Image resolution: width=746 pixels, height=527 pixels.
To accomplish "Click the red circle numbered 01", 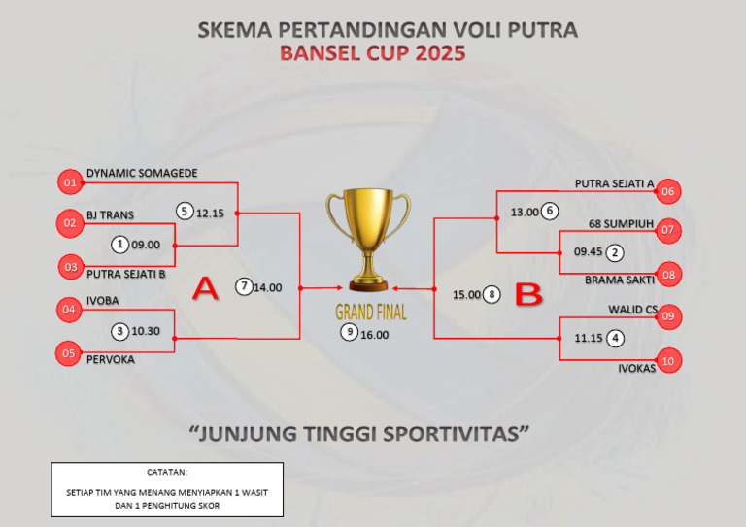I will click(x=69, y=182).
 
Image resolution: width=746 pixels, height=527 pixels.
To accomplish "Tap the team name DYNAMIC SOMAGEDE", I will click(x=142, y=173).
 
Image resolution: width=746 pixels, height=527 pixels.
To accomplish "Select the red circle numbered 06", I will click(x=667, y=192).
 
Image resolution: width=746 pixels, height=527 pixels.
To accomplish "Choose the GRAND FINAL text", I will click(x=371, y=313).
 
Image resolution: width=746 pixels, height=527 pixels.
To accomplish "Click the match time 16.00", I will click(x=374, y=334).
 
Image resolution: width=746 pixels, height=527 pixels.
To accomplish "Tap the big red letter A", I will click(x=205, y=288).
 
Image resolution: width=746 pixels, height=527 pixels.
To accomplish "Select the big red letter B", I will click(x=527, y=296).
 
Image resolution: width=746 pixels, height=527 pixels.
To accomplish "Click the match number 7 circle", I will click(x=245, y=286).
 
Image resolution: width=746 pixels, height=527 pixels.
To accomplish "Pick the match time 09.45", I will click(x=589, y=251).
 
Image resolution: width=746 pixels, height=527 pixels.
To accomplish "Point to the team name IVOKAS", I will click(x=637, y=368).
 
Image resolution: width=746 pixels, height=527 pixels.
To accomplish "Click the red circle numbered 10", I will click(x=667, y=361).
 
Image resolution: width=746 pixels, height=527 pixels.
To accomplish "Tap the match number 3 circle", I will click(x=119, y=331).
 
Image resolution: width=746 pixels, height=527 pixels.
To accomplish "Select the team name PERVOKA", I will click(x=111, y=359).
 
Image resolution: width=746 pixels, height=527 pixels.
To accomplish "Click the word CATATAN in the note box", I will click(x=167, y=473).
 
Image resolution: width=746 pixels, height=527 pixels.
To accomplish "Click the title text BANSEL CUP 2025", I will click(x=372, y=53).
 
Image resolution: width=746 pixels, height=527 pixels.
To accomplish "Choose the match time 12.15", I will click(x=210, y=213).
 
